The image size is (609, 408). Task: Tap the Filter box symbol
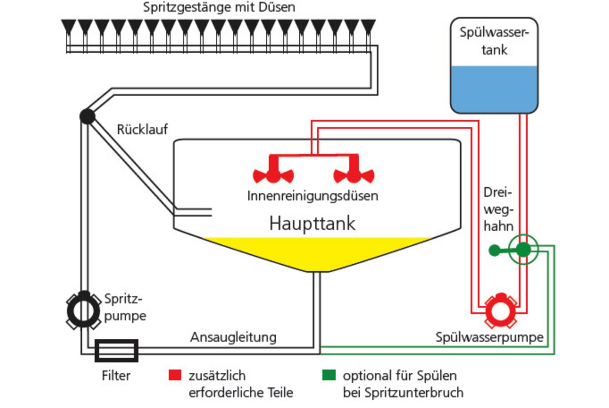coord(117,350)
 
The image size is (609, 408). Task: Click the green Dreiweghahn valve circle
coord(524,250)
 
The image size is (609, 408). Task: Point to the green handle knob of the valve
coord(495,250)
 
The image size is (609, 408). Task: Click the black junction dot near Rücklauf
coord(87,116)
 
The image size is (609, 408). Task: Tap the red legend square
coord(175,375)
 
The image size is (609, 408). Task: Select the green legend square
coord(329,375)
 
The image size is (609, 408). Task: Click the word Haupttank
coord(312,223)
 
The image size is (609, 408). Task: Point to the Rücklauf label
coord(142,129)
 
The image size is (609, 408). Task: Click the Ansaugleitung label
coord(233,337)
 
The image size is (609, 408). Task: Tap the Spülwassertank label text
coord(494,41)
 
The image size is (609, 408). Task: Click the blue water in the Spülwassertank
coord(494,89)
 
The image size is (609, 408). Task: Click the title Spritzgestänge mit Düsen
coord(219,7)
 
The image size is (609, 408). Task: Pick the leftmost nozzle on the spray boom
coord(68,27)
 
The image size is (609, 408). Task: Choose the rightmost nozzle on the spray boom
coord(368,27)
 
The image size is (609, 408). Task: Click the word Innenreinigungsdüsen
coord(312,196)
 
